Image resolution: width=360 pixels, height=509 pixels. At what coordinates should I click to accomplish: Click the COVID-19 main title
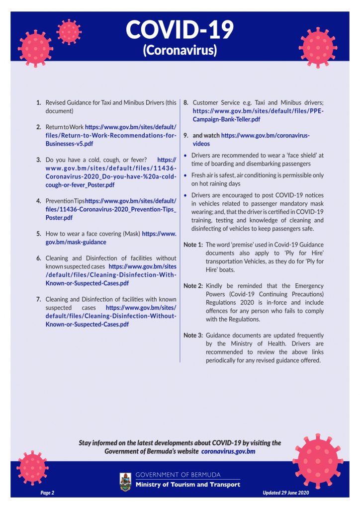pos(180,30)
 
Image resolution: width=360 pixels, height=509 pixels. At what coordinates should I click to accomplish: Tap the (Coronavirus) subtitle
pos(180,50)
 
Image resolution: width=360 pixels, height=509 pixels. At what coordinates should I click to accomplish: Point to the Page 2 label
pos(48,492)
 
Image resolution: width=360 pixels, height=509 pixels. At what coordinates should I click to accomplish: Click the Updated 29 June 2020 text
pos(286,492)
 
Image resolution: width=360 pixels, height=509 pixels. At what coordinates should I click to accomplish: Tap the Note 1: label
pos(193,245)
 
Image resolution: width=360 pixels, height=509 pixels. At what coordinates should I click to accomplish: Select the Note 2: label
pos(193,286)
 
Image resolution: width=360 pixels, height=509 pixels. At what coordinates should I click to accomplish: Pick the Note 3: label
pos(193,336)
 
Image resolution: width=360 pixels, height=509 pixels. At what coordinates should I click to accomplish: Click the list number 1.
pos(39,103)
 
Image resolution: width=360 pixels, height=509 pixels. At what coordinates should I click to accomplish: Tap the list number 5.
pos(39,234)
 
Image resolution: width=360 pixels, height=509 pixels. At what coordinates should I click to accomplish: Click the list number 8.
pos(186,103)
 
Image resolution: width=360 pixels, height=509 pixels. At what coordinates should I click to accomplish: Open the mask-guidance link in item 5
pos(75,242)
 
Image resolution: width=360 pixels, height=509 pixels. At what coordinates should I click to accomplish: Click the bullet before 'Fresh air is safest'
pos(185,175)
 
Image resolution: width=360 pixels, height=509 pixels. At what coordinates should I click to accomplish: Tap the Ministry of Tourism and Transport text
pos(188,485)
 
